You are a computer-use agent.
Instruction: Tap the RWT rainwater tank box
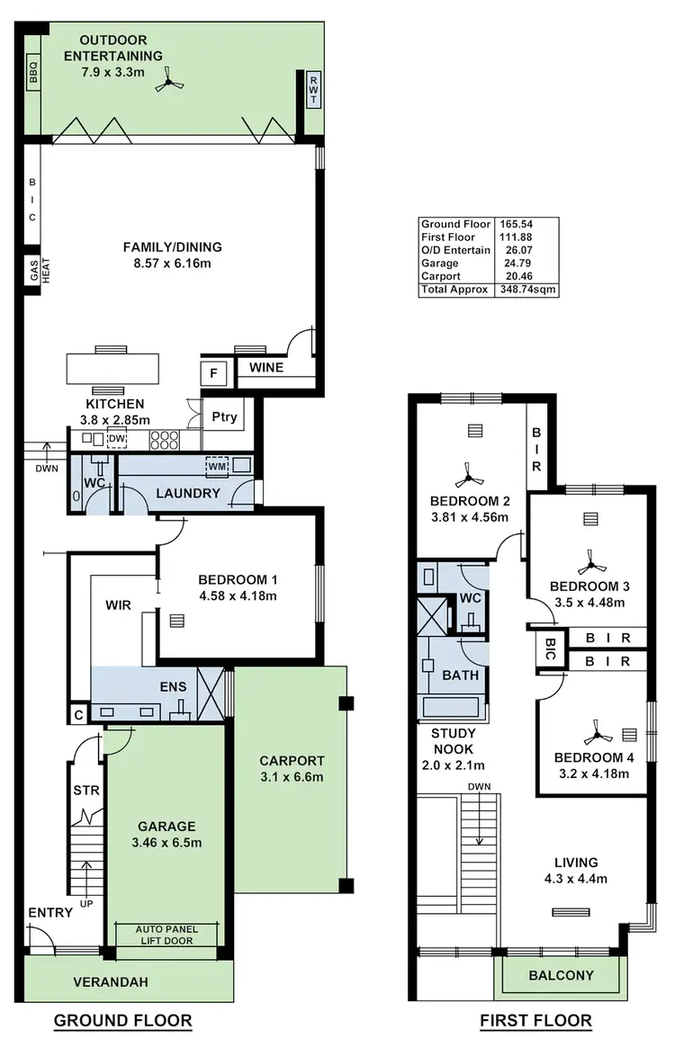(x=314, y=89)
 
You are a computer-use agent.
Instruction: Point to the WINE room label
(x=266, y=367)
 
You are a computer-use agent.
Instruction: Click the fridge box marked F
(x=213, y=372)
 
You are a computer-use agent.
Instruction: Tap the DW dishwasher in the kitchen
(x=116, y=439)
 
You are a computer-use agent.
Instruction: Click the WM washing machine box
(x=217, y=466)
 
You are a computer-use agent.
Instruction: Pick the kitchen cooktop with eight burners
(x=164, y=440)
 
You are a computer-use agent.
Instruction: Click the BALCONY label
(x=560, y=975)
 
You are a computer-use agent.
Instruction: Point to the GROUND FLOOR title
(x=123, y=1020)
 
